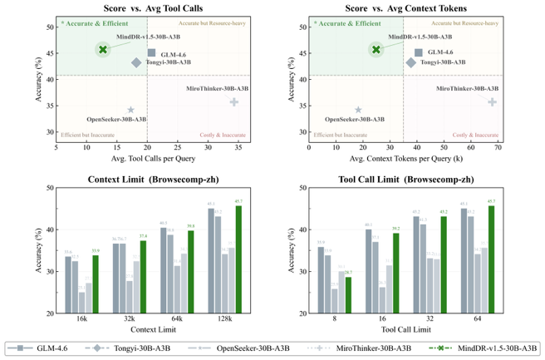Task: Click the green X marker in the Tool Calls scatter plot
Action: click(x=103, y=50)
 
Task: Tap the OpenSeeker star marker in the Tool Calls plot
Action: click(x=130, y=110)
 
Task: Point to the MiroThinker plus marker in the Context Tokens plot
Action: click(x=492, y=102)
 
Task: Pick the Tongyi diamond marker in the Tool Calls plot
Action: click(x=136, y=62)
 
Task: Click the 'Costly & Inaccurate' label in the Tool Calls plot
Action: click(x=223, y=135)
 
